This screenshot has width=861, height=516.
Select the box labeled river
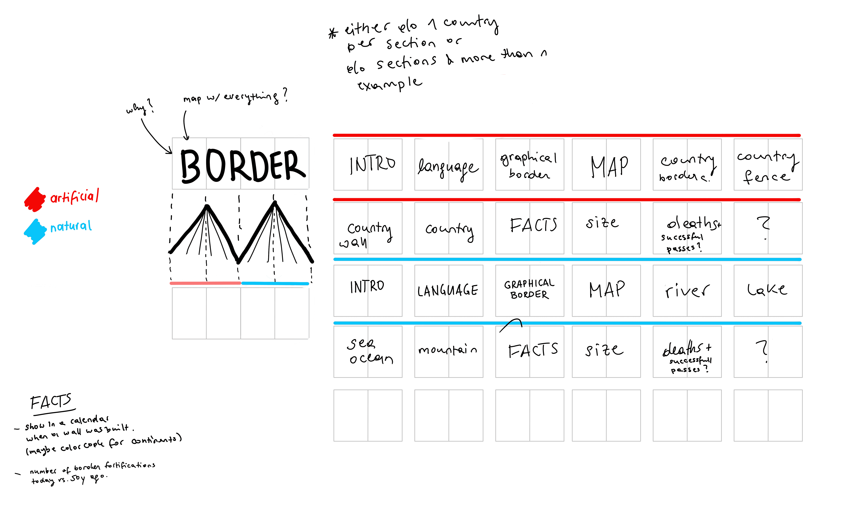[x=687, y=291]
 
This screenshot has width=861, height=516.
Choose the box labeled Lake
[x=768, y=291]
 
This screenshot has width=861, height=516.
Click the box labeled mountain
[x=448, y=352]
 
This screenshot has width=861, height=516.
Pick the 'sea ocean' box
[x=368, y=352]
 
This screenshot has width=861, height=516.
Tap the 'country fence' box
[x=768, y=164]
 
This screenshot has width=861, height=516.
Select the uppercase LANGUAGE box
[x=448, y=291]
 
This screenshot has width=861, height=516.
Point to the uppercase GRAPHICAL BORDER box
[x=529, y=291]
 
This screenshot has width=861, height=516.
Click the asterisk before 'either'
[x=333, y=33]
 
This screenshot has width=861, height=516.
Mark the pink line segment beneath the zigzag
[x=205, y=283]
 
